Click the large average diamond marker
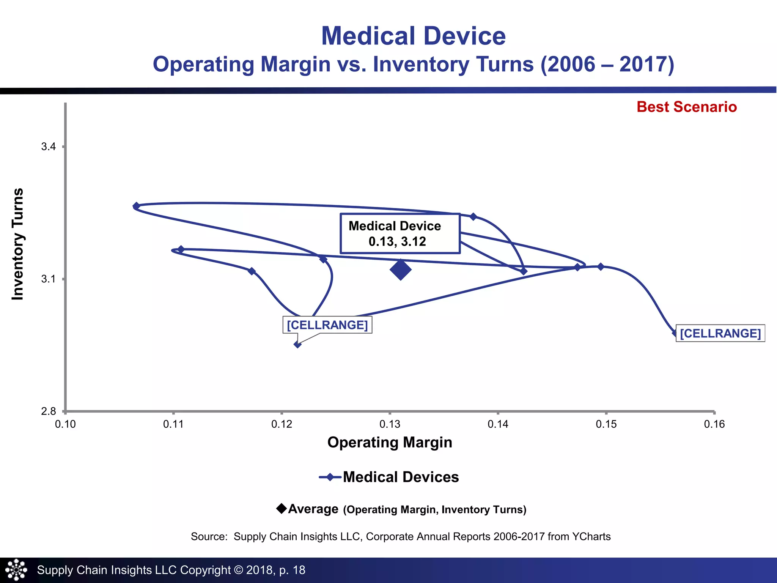[401, 270]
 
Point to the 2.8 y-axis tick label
[49, 411]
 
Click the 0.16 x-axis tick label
[714, 424]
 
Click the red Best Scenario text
[687, 107]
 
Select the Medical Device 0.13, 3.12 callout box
[400, 233]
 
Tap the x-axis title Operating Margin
[390, 443]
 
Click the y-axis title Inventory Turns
[18, 244]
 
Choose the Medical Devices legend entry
[389, 477]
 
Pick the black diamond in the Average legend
[282, 509]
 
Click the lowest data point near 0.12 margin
[298, 345]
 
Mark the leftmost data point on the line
[136, 206]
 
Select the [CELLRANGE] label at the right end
[720, 333]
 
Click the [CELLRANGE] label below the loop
[327, 325]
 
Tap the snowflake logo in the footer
[16, 570]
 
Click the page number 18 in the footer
[299, 570]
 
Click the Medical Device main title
[413, 36]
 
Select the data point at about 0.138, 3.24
[473, 217]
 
